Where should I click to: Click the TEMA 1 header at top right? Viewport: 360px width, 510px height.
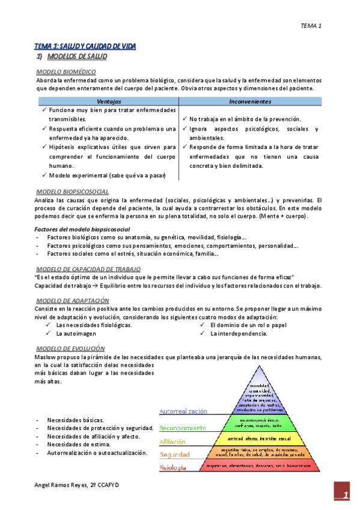(311, 25)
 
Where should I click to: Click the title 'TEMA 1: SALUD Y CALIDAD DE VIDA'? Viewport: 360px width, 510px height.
(85, 46)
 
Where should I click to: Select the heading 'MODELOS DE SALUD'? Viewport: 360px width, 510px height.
(76, 57)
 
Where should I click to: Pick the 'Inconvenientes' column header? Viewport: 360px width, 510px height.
(250, 102)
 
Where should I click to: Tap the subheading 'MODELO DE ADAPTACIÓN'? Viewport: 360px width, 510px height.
(72, 300)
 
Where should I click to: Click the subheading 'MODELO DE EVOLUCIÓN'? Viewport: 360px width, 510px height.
(70, 348)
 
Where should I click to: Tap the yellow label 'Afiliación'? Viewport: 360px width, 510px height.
(172, 441)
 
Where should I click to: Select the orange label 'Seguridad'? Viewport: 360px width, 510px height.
(175, 455)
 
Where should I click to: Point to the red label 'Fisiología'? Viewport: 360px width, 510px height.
(172, 467)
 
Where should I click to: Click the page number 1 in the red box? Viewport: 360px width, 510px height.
(346, 496)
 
